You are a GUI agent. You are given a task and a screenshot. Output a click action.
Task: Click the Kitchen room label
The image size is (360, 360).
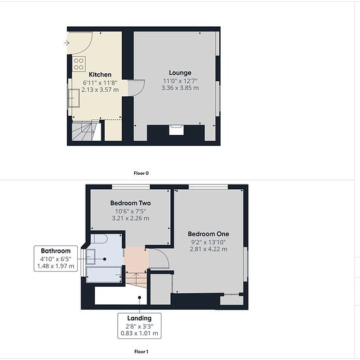(100, 75)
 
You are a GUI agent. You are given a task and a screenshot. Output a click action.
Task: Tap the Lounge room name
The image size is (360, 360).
(180, 73)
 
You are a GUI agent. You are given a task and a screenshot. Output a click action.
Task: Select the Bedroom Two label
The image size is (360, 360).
(130, 203)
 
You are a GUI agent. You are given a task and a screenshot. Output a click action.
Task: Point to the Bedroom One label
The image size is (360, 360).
(208, 234)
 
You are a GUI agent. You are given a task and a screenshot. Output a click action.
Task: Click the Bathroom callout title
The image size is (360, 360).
(56, 251)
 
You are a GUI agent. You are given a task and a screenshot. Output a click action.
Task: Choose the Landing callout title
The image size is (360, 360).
(139, 318)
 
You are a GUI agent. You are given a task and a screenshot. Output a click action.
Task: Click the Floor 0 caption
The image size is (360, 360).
(141, 173)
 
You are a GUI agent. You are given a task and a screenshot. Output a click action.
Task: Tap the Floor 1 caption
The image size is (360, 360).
(141, 351)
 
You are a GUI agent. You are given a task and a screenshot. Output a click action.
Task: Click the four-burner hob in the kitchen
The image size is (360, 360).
(79, 64)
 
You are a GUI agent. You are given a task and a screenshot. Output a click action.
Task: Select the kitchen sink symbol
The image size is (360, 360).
(74, 98)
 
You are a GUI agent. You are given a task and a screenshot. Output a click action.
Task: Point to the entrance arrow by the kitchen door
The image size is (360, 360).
(66, 43)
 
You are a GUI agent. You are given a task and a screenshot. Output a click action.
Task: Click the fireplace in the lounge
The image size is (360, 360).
(176, 130)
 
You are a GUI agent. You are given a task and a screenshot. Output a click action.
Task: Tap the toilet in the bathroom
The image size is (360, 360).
(99, 239)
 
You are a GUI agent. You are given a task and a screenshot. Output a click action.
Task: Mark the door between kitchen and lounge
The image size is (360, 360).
(136, 88)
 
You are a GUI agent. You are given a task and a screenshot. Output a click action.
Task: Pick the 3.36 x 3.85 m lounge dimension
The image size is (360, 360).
(180, 88)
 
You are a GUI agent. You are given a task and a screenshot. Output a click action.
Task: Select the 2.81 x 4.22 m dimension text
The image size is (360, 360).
(208, 249)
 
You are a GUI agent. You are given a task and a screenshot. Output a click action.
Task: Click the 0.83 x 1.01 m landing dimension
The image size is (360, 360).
(139, 333)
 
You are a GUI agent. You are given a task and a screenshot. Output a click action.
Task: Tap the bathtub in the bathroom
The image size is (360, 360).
(104, 275)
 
